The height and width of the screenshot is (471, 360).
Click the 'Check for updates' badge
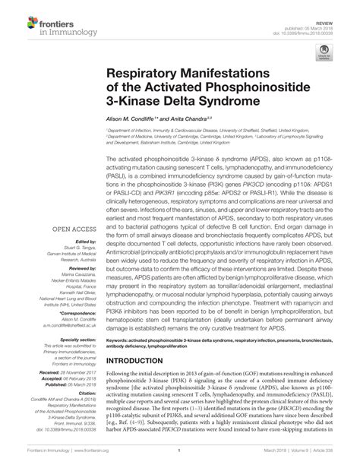pyautogui.click(x=328, y=52)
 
